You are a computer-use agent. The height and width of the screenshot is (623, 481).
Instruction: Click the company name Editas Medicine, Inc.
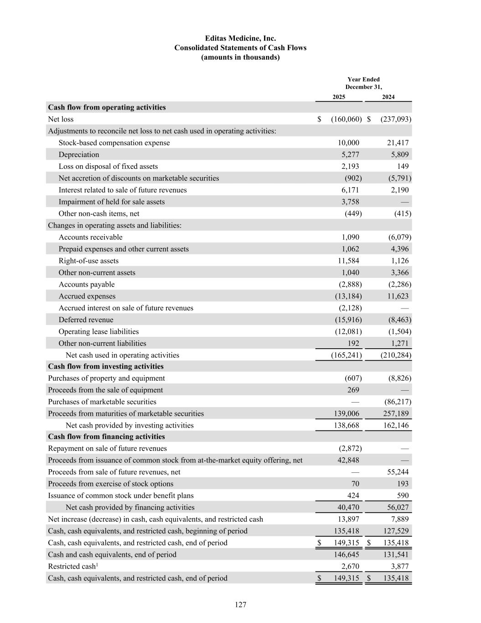[x=240, y=38]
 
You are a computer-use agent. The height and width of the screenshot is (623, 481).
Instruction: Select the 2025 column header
[x=339, y=97]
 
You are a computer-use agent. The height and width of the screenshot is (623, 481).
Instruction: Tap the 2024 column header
[x=388, y=97]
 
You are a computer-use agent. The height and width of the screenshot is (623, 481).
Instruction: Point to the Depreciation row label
[x=78, y=155]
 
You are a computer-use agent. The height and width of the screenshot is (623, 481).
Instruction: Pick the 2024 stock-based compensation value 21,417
[x=398, y=143]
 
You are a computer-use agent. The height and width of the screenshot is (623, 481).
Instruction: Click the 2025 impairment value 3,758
[x=350, y=202]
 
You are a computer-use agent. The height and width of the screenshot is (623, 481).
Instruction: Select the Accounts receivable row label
[x=90, y=237]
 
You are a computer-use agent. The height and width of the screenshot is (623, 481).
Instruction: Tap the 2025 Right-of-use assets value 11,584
[x=348, y=261]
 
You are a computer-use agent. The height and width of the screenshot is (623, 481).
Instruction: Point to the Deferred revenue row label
[x=86, y=320]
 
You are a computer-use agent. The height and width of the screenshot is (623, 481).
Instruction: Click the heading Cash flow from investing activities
[x=106, y=366]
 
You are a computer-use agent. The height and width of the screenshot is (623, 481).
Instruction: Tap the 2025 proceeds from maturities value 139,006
[x=346, y=414]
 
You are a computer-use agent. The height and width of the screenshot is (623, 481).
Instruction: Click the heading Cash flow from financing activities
[x=106, y=437]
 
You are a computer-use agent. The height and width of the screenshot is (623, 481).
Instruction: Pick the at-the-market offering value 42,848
[x=348, y=460]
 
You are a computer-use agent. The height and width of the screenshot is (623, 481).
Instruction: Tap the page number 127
[x=240, y=605]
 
